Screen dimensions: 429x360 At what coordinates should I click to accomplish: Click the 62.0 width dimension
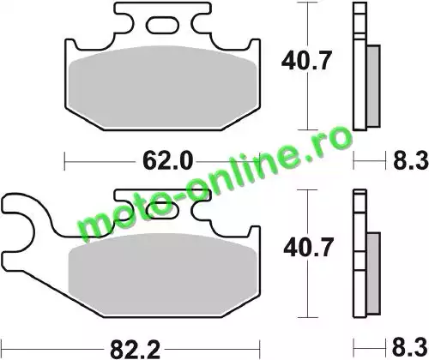(x=167, y=161)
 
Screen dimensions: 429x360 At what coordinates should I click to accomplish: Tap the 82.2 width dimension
(x=135, y=349)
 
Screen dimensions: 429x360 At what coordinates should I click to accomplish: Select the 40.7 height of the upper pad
(x=306, y=60)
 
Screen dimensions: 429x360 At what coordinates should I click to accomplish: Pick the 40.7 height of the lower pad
(x=308, y=248)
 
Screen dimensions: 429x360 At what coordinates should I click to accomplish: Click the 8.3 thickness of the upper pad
(x=411, y=161)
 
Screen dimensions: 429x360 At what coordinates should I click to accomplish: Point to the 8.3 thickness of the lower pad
(x=411, y=348)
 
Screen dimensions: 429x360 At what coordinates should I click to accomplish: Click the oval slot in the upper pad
(x=163, y=24)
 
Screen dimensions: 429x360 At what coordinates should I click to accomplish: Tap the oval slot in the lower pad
(x=162, y=210)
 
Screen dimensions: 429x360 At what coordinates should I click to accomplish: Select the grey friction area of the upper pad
(x=162, y=87)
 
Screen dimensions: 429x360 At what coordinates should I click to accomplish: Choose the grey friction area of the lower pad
(x=162, y=274)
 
